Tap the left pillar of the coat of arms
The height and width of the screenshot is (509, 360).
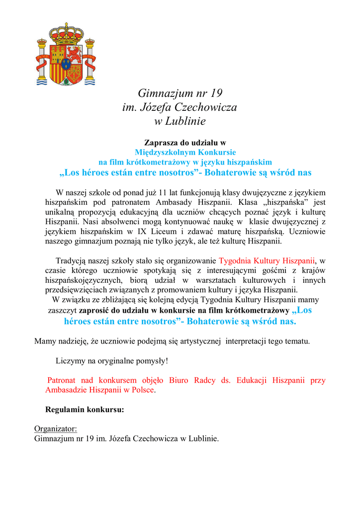42,62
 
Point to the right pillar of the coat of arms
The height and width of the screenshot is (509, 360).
90,62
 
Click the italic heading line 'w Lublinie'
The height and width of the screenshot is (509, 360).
180,121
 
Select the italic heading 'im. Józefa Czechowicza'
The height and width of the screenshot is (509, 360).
180,107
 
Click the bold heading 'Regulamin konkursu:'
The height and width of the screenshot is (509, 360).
85,411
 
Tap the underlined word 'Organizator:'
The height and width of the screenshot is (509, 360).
55,429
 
